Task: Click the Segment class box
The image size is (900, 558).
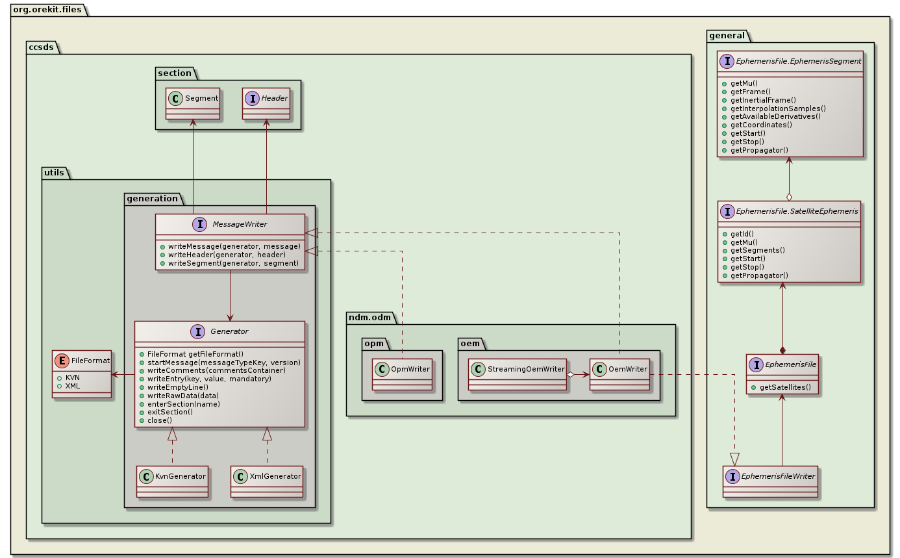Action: pos(193,103)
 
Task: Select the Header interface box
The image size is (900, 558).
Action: pos(266,103)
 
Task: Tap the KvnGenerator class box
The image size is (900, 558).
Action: pos(173,481)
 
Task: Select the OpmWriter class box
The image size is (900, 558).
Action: pos(402,374)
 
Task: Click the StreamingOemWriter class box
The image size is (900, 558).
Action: pos(517,374)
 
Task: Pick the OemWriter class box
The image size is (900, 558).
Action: pos(619,374)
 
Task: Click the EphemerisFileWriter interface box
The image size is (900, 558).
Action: pos(771,481)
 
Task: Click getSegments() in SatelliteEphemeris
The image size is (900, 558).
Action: pos(757,249)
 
